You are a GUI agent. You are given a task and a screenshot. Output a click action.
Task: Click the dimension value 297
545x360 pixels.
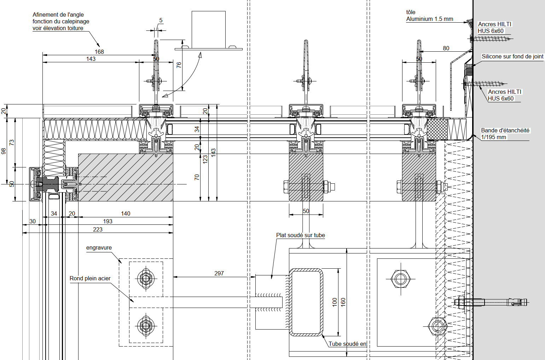pos(219,273)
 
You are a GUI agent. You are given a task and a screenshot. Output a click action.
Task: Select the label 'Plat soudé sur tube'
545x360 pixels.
pos(300,235)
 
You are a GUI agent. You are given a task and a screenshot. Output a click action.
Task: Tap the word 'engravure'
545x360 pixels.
pos(99,248)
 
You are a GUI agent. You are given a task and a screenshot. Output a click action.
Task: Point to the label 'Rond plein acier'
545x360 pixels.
pos(90,279)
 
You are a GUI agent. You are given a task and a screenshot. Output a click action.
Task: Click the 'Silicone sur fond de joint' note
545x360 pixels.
pos(512,57)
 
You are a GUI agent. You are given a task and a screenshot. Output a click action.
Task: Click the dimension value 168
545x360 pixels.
pos(99,52)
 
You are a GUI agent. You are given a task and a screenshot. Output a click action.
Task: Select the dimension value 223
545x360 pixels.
pos(98,229)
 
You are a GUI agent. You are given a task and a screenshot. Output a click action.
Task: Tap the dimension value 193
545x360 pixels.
pos(108,221)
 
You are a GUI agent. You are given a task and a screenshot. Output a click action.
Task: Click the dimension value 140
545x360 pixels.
pos(126,213)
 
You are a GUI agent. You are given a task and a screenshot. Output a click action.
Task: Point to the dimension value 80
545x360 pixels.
pos(446,48)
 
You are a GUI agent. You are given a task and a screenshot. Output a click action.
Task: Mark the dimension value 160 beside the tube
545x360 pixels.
pos(343,302)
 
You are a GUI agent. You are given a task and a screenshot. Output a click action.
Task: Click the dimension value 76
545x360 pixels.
pos(179,65)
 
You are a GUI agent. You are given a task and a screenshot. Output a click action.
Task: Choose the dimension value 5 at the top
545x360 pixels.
pos(161,21)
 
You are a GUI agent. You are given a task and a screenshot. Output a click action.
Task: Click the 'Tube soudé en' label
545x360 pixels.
pos(347,344)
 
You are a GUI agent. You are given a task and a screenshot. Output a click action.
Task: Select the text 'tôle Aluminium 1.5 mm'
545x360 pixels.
pos(429,16)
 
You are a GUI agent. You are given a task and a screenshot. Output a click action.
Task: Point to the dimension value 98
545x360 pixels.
pos(4,151)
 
